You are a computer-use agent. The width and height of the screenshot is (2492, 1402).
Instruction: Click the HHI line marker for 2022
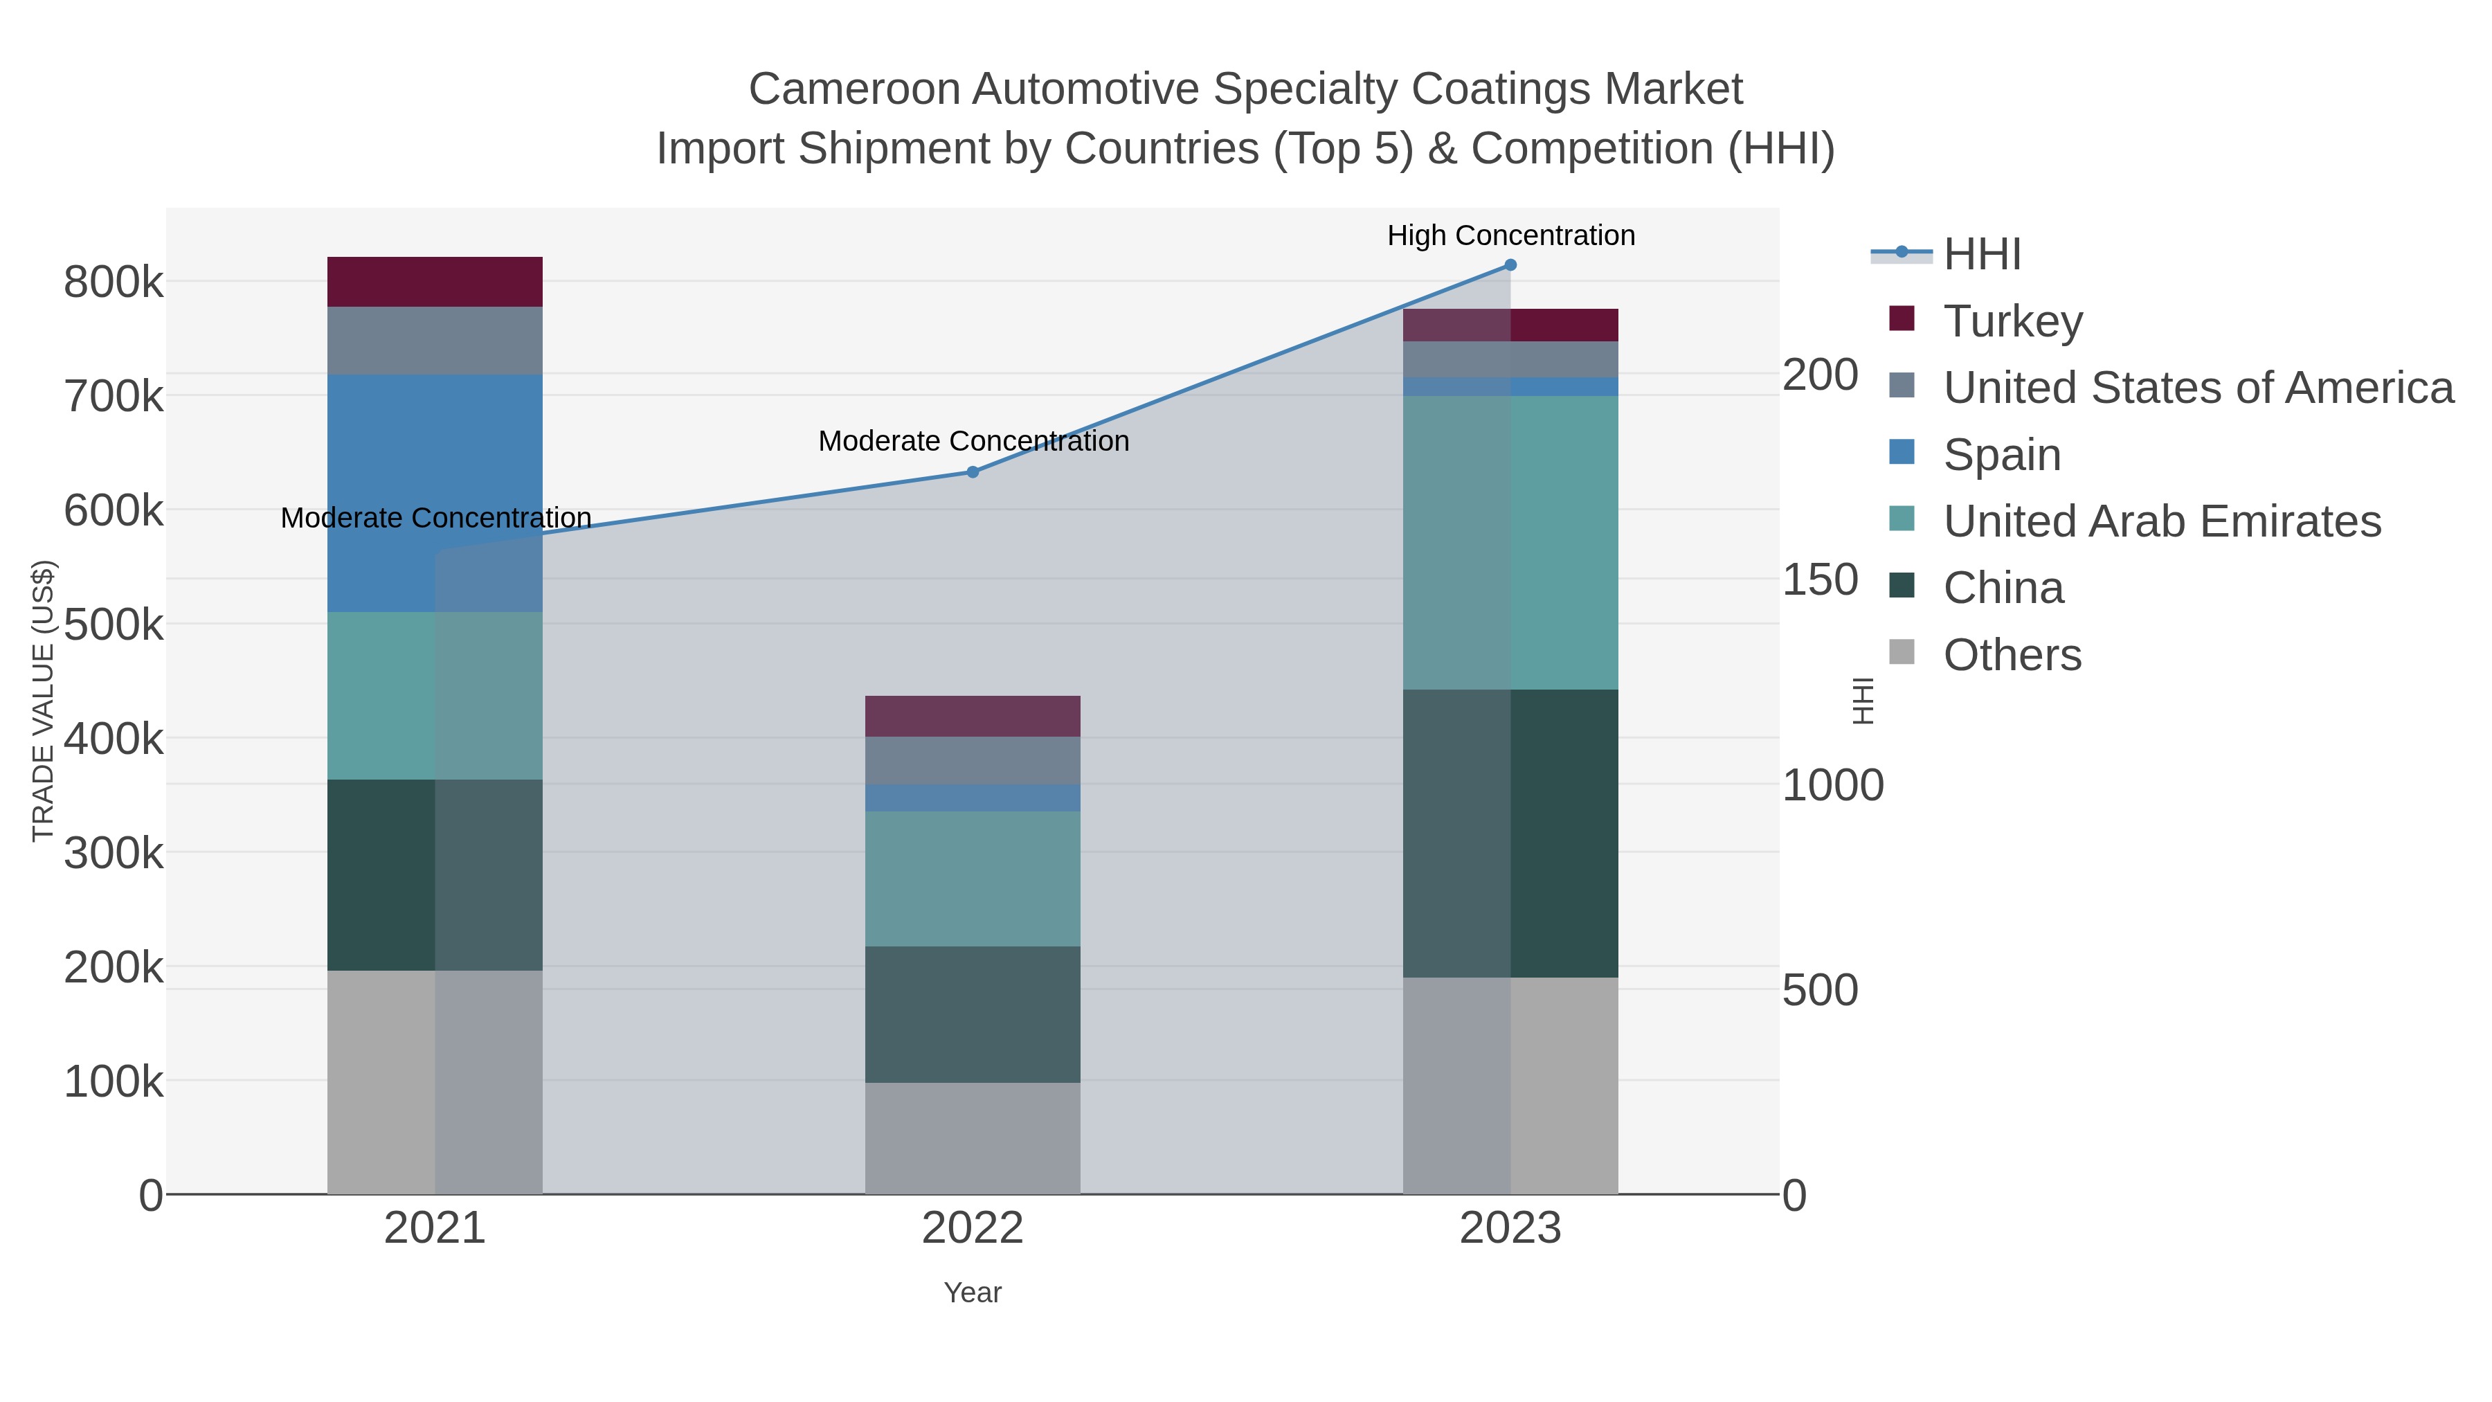973,472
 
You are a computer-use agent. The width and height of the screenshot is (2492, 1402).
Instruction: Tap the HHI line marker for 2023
1510,265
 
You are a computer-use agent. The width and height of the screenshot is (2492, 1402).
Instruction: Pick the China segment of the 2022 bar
973,1014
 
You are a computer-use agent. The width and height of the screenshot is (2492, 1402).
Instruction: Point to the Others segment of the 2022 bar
973,1138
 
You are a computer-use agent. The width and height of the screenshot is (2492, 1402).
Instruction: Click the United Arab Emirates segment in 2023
1510,542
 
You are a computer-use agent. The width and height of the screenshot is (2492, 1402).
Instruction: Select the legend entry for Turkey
2012,321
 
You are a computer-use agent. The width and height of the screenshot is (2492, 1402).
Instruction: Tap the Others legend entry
2012,655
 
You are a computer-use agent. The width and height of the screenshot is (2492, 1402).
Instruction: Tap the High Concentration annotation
1510,235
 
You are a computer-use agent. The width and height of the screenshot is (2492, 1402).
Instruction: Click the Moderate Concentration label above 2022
973,441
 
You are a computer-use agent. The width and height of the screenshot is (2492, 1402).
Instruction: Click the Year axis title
973,1293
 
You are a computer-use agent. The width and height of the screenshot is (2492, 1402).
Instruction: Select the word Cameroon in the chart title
854,89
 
